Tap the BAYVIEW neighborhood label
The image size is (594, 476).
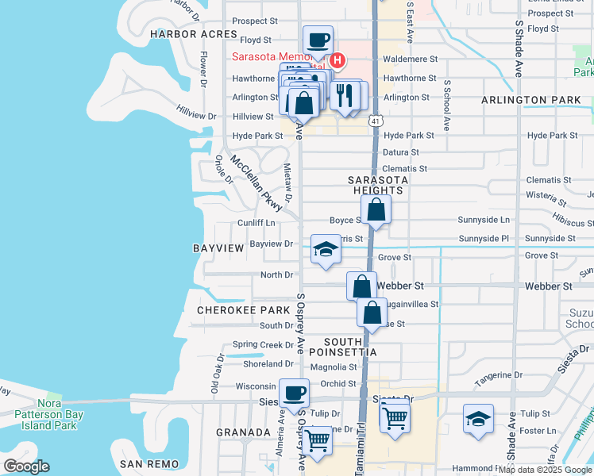(x=218, y=248)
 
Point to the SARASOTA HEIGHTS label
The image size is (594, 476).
(x=378, y=186)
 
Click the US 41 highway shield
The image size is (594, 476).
(x=375, y=120)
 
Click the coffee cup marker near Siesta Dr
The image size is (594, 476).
(x=295, y=393)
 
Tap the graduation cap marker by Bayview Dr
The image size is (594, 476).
(x=325, y=249)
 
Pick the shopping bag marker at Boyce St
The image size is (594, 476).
(x=376, y=211)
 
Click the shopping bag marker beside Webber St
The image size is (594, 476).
(x=361, y=286)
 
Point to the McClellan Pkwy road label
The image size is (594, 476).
(x=257, y=182)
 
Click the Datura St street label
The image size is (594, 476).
(x=401, y=152)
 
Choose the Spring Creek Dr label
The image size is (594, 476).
(x=263, y=345)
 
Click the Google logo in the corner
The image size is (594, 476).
(x=26, y=467)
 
